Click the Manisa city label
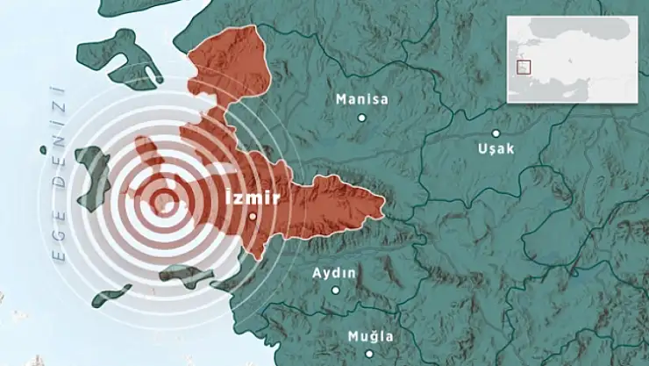[x=362, y=99]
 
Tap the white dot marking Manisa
[x=361, y=117]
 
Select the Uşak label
[x=496, y=148]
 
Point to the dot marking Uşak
[x=496, y=133]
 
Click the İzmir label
[x=252, y=197]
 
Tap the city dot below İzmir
[x=252, y=216]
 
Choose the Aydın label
[x=335, y=272]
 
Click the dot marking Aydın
[x=335, y=290]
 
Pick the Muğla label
[x=370, y=336]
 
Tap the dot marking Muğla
[x=370, y=354]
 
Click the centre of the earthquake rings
[x=160, y=205]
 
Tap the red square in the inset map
[x=525, y=66]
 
